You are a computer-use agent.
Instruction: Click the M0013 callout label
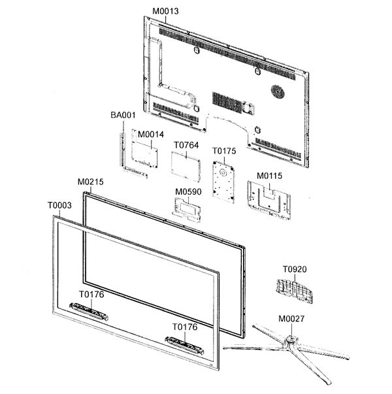click(165, 11)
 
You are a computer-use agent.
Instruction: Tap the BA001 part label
click(123, 115)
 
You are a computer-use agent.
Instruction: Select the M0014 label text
click(151, 135)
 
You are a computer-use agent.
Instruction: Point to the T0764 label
click(186, 145)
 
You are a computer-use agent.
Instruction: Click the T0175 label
click(224, 151)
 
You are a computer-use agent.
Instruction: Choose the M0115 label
click(269, 176)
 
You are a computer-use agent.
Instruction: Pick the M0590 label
click(188, 191)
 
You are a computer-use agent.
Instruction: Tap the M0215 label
click(90, 182)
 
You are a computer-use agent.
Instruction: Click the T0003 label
click(59, 206)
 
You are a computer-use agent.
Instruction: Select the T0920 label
click(295, 269)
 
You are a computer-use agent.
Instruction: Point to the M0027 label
click(291, 319)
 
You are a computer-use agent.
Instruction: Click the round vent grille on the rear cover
click(278, 91)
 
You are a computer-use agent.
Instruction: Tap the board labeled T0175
click(223, 182)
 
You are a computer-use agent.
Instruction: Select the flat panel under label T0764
click(186, 167)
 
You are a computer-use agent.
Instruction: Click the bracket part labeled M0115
click(269, 200)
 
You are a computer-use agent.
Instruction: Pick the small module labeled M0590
click(186, 209)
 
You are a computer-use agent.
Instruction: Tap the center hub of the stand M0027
click(291, 340)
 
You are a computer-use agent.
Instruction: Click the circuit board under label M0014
click(144, 154)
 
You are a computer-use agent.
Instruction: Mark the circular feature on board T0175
click(223, 172)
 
